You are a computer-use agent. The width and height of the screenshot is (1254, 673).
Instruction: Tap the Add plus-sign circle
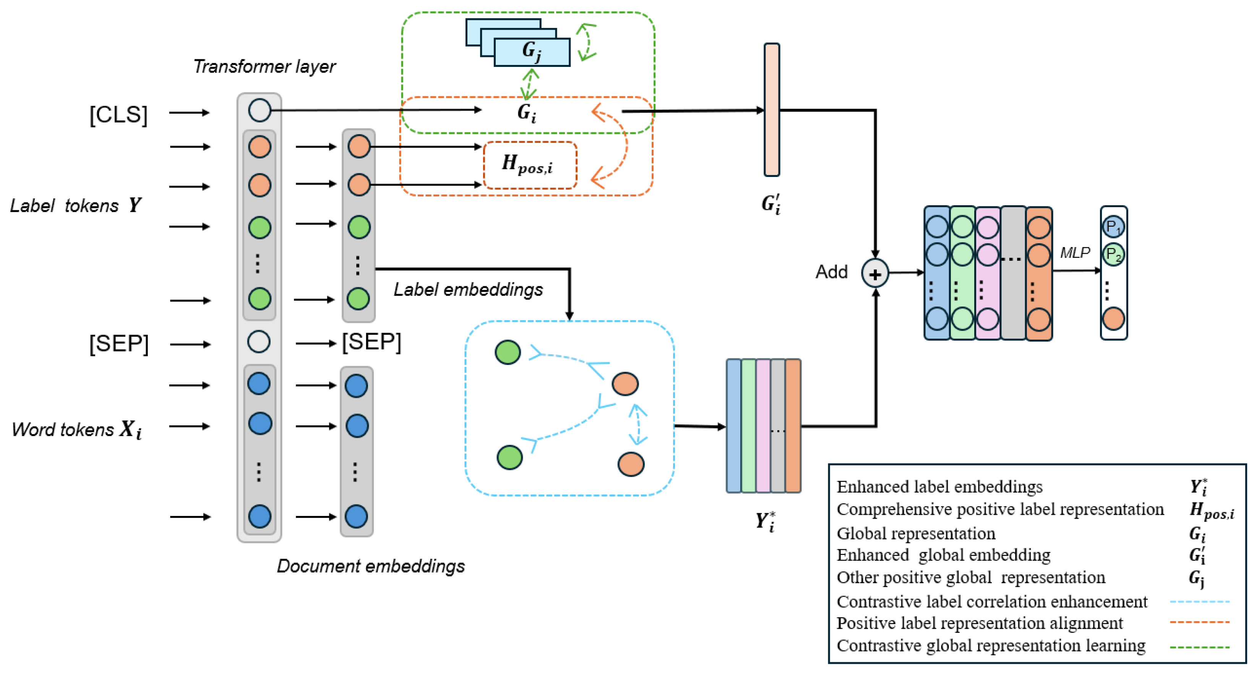[875, 274]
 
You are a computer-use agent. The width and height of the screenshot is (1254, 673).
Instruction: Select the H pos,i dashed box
[530, 165]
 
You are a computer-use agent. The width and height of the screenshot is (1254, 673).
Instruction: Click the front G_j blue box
[532, 52]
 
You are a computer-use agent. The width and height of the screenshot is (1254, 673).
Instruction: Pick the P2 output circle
[1113, 255]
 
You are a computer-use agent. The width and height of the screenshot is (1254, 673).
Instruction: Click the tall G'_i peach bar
[772, 109]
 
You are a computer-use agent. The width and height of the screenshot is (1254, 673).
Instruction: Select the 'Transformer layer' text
[264, 66]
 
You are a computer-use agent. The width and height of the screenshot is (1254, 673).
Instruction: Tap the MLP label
[1075, 253]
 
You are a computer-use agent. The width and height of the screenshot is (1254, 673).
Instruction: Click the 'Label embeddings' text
[468, 290]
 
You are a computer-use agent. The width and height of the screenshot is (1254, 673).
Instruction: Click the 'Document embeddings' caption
[370, 566]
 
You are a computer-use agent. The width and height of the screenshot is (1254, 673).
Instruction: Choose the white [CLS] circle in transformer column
[259, 110]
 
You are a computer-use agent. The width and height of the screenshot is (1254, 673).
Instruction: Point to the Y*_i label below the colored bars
[765, 521]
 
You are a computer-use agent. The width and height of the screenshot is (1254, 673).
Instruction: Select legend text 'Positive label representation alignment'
[980, 623]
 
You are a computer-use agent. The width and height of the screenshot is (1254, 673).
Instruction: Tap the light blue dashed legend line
[1199, 602]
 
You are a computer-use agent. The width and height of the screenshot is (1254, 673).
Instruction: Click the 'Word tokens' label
[63, 430]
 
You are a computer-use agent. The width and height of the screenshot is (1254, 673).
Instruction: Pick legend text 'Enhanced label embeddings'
[939, 487]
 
